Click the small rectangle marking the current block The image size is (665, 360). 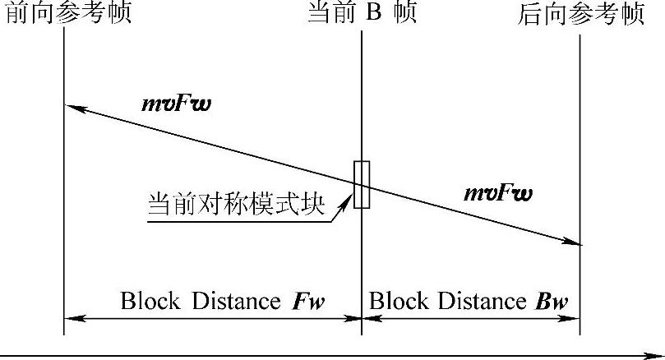[x=362, y=184]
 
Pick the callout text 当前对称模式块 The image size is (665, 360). [x=235, y=204]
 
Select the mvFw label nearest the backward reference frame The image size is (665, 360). [x=497, y=194]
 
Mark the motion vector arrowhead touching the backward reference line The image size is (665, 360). [x=575, y=242]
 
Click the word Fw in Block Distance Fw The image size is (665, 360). [x=308, y=302]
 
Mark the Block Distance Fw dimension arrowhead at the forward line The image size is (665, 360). [x=70, y=319]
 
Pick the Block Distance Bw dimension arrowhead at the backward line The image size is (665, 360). [x=575, y=319]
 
